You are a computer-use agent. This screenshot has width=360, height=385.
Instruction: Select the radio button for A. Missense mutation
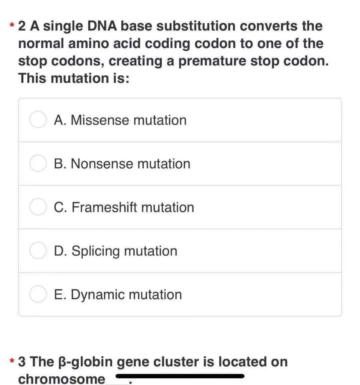pos(38,120)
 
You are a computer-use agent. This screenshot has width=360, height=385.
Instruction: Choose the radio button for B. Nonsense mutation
pos(38,164)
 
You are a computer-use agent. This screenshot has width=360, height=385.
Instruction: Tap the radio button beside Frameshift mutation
pos(38,208)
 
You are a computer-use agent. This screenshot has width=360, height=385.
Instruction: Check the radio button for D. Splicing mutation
pos(38,251)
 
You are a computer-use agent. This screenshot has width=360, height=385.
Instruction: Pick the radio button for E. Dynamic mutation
pos(38,295)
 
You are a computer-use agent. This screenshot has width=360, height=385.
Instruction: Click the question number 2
pos(22,26)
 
